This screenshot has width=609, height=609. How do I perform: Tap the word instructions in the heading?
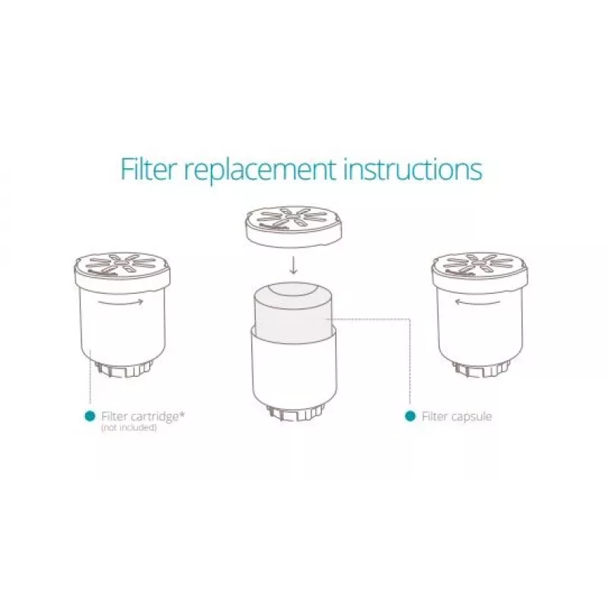click(413, 168)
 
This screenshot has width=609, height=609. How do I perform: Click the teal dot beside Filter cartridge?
click(90, 416)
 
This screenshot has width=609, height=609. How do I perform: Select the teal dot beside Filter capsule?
click(410, 416)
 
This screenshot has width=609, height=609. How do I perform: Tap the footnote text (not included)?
click(129, 428)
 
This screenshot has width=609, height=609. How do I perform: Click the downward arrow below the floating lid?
click(294, 265)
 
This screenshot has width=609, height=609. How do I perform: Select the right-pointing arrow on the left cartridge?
click(120, 301)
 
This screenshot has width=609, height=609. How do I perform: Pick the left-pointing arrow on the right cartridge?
click(478, 301)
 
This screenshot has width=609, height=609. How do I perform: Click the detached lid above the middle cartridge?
click(293, 226)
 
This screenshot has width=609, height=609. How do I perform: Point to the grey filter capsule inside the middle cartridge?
click(293, 313)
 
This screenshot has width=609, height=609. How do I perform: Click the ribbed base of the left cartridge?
click(123, 369)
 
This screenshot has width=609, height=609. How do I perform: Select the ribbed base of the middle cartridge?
click(295, 413)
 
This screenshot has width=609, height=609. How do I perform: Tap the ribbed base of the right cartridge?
click(481, 369)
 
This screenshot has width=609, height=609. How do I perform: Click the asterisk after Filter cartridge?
click(182, 414)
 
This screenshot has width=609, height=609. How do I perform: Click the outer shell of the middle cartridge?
click(295, 373)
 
